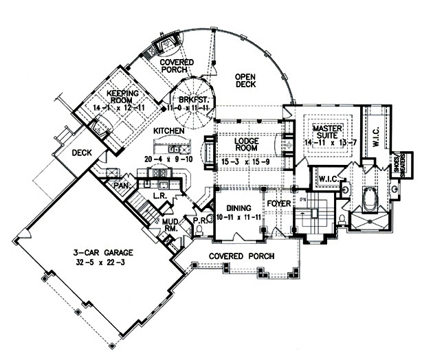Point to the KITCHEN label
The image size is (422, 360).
(x=168, y=130)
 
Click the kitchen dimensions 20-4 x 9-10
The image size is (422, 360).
(x=166, y=159)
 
